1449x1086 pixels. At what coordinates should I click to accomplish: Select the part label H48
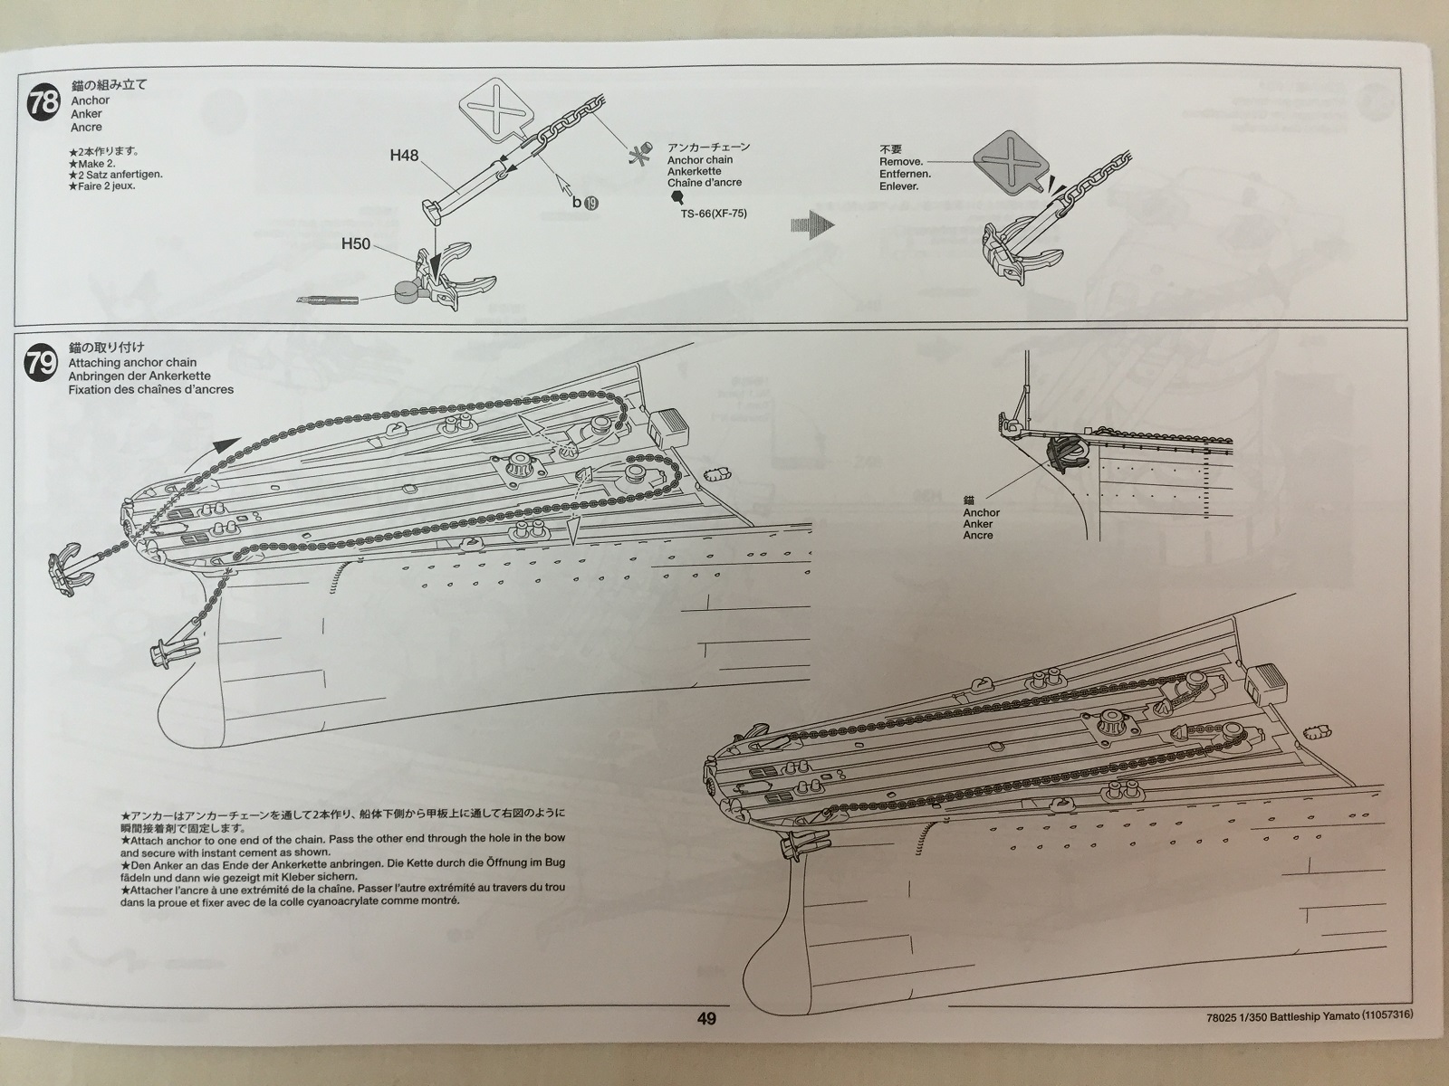pos(404,155)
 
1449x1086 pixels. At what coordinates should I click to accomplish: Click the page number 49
pos(706,1019)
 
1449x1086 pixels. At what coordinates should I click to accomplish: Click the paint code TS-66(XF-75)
pos(715,214)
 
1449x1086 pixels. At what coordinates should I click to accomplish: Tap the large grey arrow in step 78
pos(811,225)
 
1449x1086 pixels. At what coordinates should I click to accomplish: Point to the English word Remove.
pos(901,161)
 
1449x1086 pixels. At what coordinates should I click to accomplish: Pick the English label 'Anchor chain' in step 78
pos(700,159)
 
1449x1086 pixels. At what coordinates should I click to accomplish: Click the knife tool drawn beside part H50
pos(327,299)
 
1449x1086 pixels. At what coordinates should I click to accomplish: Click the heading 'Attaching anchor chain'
pos(132,363)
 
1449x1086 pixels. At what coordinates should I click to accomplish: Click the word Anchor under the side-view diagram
pos(982,512)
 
